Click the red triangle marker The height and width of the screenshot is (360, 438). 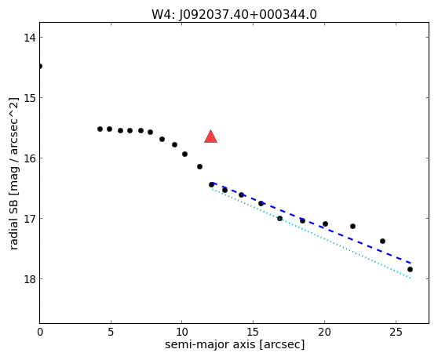tap(210, 136)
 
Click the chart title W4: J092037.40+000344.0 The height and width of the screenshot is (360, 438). tap(234, 15)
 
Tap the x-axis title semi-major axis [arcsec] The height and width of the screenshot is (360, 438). tap(235, 344)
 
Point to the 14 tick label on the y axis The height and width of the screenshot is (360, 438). tap(30, 38)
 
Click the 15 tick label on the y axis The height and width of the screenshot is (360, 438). tap(30, 98)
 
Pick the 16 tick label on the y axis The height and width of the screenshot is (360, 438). tap(30, 158)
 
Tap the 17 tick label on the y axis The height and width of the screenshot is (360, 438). tap(30, 218)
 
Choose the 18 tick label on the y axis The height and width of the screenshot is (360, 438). tap(30, 278)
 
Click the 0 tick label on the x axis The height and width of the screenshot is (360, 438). tap(40, 332)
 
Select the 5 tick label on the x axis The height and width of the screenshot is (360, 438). tap(111, 332)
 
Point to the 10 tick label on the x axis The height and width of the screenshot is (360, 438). tap(182, 332)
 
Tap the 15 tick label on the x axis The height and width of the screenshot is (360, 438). tap(253, 332)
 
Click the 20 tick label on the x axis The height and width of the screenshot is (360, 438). tap(324, 332)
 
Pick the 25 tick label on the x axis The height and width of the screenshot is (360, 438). tap(396, 332)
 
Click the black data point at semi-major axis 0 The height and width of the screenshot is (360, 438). tap(40, 66)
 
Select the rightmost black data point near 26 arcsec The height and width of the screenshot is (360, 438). tap(410, 269)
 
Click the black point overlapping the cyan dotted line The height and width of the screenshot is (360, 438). tap(279, 218)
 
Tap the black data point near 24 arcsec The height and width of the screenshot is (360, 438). tap(383, 241)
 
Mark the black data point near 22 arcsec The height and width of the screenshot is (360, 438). tap(352, 226)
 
